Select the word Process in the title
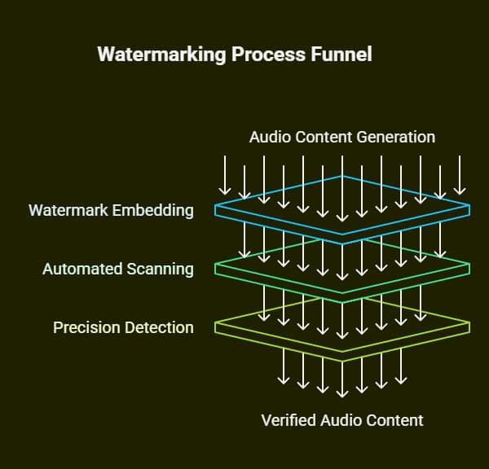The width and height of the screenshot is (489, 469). coord(258,55)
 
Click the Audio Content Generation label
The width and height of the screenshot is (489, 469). coord(341,137)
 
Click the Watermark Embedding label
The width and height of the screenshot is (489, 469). coord(111,210)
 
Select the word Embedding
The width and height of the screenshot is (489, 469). coord(154,210)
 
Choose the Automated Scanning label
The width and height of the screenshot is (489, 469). coord(118,269)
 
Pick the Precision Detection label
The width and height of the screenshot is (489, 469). coord(123,327)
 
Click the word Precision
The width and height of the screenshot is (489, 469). coord(86,327)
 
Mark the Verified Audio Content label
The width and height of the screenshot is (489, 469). coord(342,420)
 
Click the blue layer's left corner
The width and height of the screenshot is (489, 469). coord(216,210)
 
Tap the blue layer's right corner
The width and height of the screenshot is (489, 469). coord(469,210)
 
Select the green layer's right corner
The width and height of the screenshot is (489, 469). coord(469,268)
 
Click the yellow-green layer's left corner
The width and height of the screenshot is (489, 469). coord(216,327)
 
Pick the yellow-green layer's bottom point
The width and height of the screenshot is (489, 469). coord(342,359)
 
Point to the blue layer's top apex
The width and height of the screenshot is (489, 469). coord(342,176)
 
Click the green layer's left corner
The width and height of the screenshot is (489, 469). coord(216,268)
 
